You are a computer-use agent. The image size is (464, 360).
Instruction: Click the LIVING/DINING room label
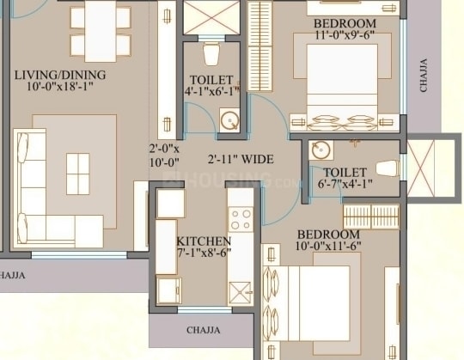60,75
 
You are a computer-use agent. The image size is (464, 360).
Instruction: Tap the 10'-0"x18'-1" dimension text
60,87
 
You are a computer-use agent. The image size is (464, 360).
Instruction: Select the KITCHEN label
204,241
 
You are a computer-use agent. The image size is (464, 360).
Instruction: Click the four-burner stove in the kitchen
241,219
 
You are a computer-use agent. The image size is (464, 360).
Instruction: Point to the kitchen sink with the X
240,293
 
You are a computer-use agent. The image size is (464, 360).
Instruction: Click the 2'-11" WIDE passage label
241,159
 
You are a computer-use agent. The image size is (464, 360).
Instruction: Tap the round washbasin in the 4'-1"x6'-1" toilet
229,120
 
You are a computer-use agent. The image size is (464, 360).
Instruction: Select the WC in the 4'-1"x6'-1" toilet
211,53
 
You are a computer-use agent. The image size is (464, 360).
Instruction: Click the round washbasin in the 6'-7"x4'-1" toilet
321,150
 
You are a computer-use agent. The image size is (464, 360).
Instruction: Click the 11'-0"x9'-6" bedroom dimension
345,34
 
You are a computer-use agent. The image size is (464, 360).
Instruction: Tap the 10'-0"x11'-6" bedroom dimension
328,246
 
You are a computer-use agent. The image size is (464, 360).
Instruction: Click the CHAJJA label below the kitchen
204,330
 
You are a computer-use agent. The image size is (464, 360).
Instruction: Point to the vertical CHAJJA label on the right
424,76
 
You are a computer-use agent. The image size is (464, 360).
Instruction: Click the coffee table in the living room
78,174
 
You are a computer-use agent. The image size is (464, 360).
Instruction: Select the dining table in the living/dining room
101,31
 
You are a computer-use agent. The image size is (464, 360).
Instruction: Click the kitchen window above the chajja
205,309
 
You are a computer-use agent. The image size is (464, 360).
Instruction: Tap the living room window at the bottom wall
79,255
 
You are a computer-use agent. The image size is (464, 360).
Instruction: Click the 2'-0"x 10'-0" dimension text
164,156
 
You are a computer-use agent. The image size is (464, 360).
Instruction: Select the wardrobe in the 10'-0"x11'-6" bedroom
371,217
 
